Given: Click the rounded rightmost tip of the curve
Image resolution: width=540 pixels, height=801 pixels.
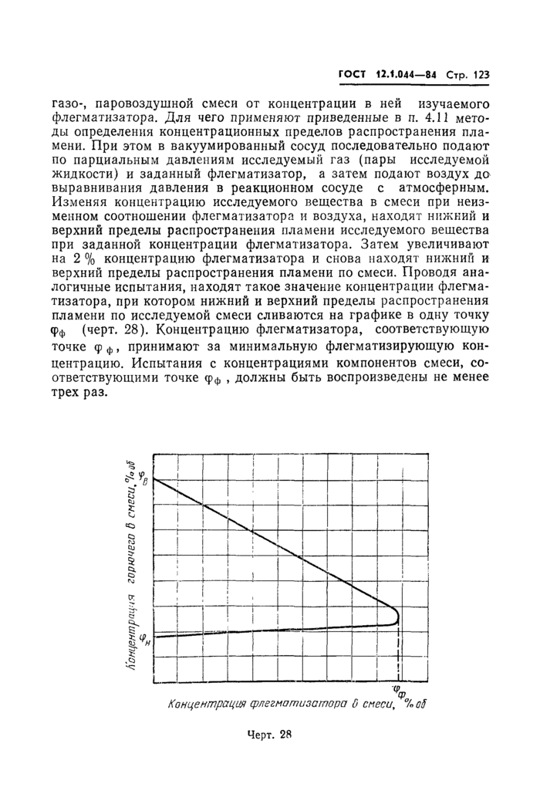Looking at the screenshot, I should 397,615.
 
